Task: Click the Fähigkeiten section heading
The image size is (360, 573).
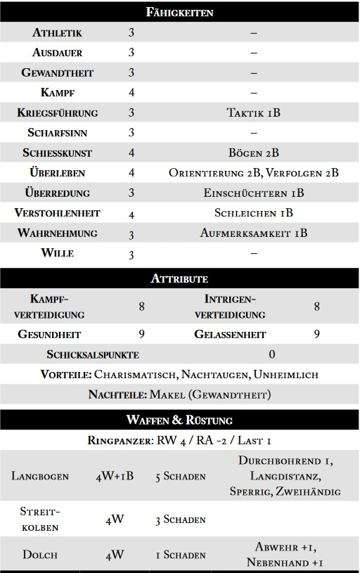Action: click(179, 12)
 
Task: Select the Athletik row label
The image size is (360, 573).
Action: click(57, 32)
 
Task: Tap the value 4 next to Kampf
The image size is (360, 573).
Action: click(131, 92)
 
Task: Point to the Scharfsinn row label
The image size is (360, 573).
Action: click(57, 132)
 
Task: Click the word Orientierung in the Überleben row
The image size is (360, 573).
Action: click(212, 172)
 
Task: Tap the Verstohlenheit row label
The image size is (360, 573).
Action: click(57, 213)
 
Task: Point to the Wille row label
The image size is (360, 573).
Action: click(57, 253)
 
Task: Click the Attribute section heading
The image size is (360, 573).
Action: click(179, 278)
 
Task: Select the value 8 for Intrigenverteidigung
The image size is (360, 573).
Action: click(316, 307)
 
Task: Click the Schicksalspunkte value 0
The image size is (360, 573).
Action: click(271, 354)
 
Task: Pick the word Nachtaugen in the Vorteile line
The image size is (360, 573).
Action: click(217, 375)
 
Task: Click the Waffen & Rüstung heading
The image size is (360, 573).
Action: click(179, 420)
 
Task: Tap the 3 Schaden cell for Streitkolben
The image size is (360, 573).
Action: click(181, 520)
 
